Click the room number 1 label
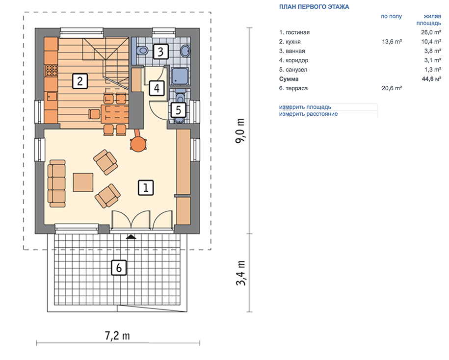click(x=146, y=188)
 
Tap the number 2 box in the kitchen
click(x=80, y=81)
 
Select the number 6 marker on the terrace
click(x=119, y=268)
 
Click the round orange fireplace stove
click(x=138, y=144)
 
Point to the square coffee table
click(x=83, y=182)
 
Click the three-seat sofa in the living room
click(x=57, y=183)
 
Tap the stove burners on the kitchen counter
click(x=52, y=71)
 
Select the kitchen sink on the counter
click(x=52, y=96)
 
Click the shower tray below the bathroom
click(x=180, y=76)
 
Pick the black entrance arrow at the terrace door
click(x=131, y=237)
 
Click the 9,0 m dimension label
click(x=240, y=131)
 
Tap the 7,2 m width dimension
click(x=117, y=335)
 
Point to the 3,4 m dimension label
click(x=240, y=273)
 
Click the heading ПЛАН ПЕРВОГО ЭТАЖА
click(x=314, y=7)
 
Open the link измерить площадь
click(x=305, y=107)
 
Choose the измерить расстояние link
click(x=308, y=114)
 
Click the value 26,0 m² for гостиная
click(x=431, y=32)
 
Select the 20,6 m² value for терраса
click(x=392, y=88)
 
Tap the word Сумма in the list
click(x=289, y=78)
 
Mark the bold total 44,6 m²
click(x=431, y=78)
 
